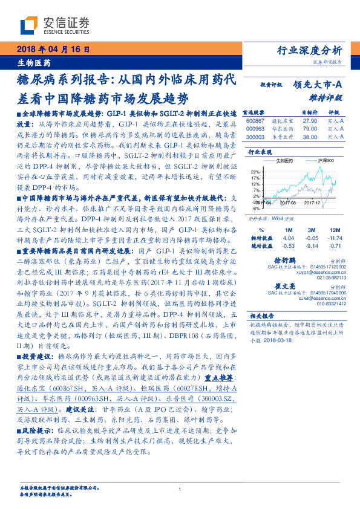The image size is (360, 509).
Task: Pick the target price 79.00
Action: point(310,129)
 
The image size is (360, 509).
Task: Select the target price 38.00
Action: point(310,137)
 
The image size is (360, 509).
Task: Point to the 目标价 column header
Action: point(310,112)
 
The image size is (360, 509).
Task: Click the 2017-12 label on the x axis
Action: point(313,204)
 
